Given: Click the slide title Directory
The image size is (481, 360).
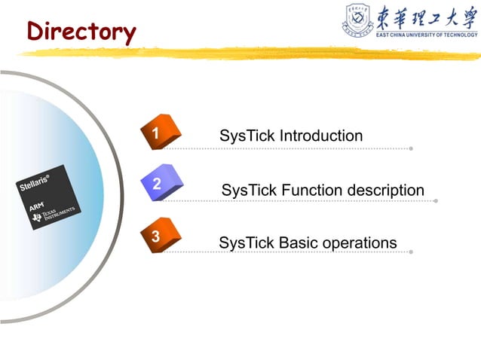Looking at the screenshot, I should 81,32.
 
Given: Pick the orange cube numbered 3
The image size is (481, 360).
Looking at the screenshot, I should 159,236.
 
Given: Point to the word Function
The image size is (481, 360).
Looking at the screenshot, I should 311,191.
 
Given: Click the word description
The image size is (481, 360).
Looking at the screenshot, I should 385,191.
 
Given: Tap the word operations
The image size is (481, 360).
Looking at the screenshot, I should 359,244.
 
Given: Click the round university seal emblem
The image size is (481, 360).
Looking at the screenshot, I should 360,20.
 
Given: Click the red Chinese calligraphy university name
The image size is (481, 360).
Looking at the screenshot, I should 426,17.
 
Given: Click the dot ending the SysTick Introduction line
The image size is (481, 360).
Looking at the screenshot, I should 411,148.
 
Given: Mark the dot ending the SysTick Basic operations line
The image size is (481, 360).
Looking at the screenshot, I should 411,252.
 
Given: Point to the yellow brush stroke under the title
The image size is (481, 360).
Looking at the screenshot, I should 249,53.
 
